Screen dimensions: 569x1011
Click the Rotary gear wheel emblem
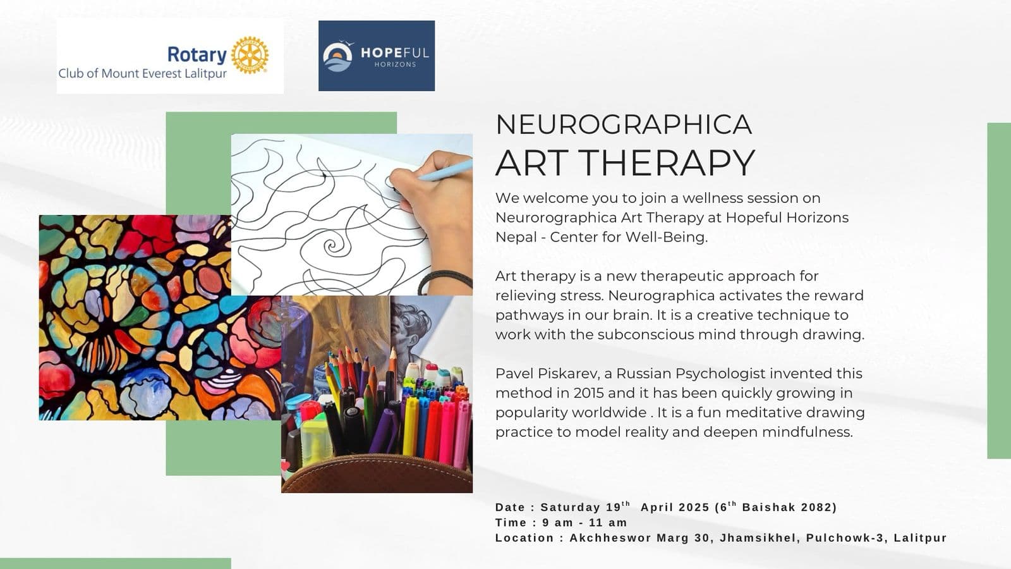[250, 55]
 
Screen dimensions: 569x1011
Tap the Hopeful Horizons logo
[377, 56]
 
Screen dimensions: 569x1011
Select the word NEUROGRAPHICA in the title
[624, 125]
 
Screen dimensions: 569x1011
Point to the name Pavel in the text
[514, 374]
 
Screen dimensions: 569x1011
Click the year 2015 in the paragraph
[589, 393]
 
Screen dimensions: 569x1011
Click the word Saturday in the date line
[570, 507]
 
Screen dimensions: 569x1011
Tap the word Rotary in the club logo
[197, 55]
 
